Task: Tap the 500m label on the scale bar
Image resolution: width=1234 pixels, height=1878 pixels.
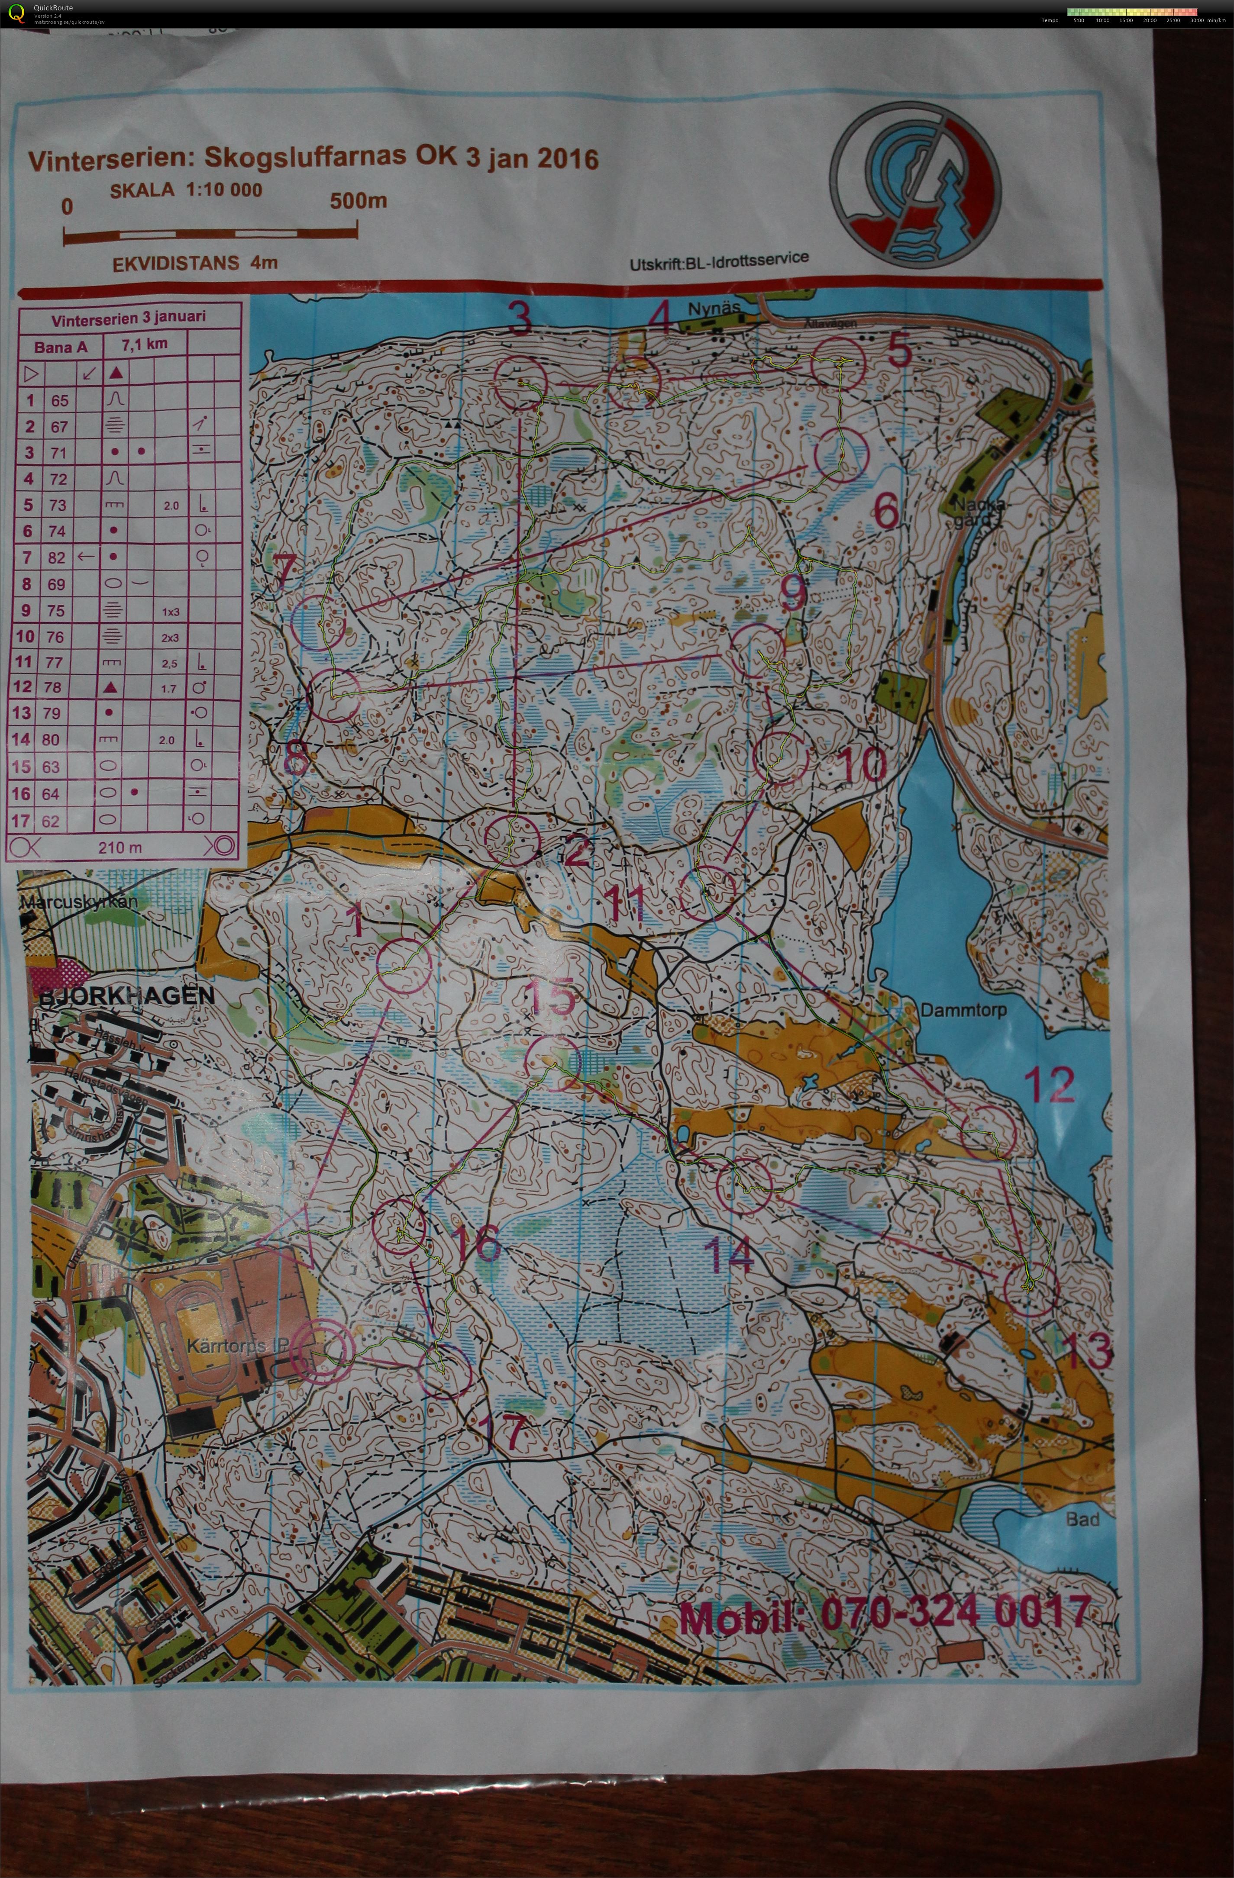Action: [359, 200]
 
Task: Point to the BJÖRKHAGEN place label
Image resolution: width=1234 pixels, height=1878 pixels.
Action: [126, 996]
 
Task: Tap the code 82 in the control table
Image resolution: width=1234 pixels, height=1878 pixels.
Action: [56, 558]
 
